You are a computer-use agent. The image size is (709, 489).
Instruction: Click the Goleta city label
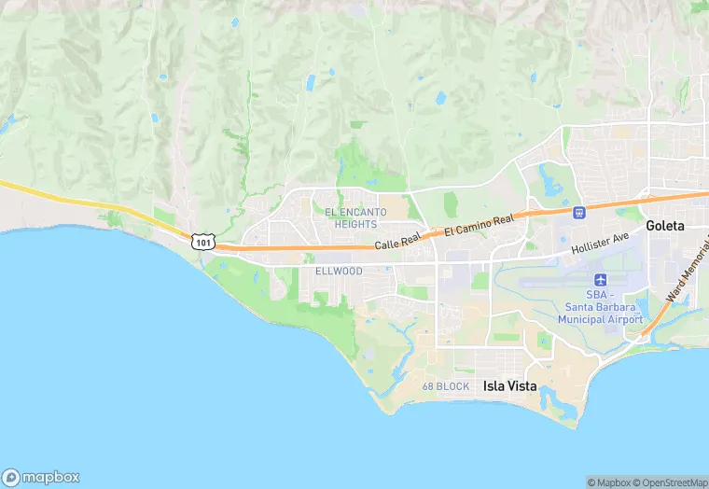pyautogui.click(x=665, y=226)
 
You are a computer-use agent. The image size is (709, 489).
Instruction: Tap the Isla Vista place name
pyautogui.click(x=511, y=385)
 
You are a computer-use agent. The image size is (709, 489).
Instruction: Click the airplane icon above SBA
pyautogui.click(x=601, y=280)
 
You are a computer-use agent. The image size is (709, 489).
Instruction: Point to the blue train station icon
pyautogui.click(x=579, y=212)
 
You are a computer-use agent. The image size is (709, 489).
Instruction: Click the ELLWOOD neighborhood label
pyautogui.click(x=339, y=271)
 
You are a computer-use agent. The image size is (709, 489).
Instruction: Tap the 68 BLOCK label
pyautogui.click(x=446, y=386)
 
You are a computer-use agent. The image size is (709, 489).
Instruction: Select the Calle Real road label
pyautogui.click(x=399, y=242)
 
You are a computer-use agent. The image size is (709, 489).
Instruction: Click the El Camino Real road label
pyautogui.click(x=479, y=225)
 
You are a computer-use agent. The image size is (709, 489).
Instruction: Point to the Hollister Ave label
pyautogui.click(x=602, y=243)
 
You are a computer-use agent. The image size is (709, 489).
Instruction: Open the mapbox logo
pyautogui.click(x=41, y=476)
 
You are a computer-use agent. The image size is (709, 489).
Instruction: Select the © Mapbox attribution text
pyautogui.click(x=609, y=482)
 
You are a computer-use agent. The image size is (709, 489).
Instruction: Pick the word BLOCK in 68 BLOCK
pyautogui.click(x=454, y=386)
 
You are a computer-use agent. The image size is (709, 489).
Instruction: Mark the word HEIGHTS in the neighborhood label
pyautogui.click(x=356, y=224)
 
